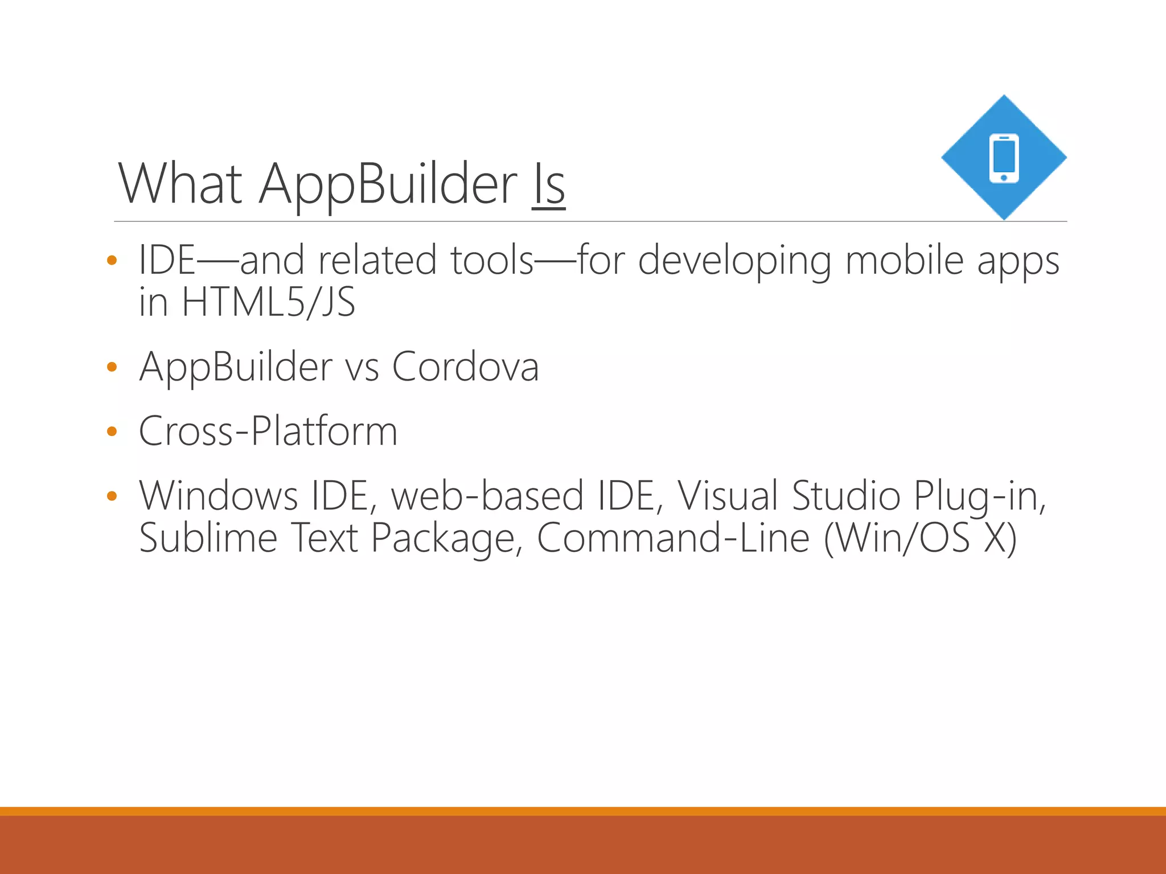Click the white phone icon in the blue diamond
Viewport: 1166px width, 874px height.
1004,158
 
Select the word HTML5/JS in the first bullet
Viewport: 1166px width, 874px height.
268,302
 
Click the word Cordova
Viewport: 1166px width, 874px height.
465,367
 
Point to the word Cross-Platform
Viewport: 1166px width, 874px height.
268,431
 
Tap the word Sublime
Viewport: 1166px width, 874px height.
208,538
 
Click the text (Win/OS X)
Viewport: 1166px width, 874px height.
919,538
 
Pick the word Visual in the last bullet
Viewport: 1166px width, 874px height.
728,495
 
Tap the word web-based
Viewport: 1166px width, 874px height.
487,495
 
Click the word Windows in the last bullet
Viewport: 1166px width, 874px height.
218,495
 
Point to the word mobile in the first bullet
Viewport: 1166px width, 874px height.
905,261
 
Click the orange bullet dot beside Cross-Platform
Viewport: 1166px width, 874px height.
112,432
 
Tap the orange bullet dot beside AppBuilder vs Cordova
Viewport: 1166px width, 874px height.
112,368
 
